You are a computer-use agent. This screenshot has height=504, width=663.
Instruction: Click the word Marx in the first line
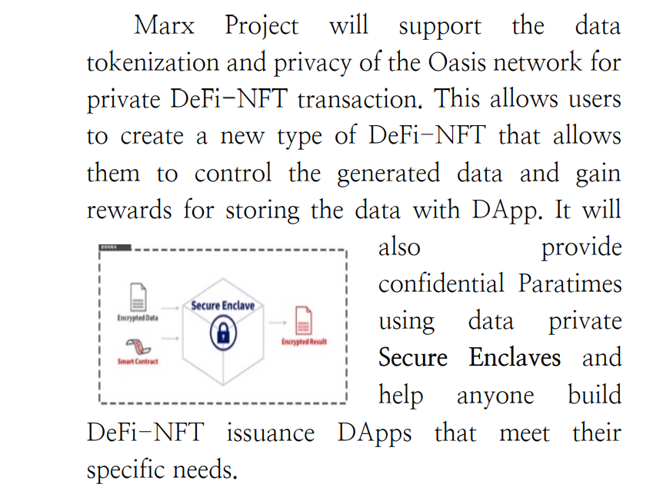[164, 26]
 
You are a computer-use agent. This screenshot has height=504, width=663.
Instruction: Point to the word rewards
[129, 210]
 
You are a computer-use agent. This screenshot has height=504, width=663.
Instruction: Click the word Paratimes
[569, 284]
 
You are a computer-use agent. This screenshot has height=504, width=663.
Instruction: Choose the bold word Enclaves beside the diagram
[515, 358]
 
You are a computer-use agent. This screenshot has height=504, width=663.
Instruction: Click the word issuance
[270, 433]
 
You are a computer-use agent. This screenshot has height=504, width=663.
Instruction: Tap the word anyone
[495, 396]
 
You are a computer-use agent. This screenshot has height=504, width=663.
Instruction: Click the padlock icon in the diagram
[222, 333]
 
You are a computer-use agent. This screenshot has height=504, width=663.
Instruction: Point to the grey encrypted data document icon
[138, 297]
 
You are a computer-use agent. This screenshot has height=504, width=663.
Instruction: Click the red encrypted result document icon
[304, 320]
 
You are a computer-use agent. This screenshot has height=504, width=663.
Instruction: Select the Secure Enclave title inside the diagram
[222, 306]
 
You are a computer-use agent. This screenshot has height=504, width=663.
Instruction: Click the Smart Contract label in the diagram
[138, 361]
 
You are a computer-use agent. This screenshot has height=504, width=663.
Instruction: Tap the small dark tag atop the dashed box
[115, 248]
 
